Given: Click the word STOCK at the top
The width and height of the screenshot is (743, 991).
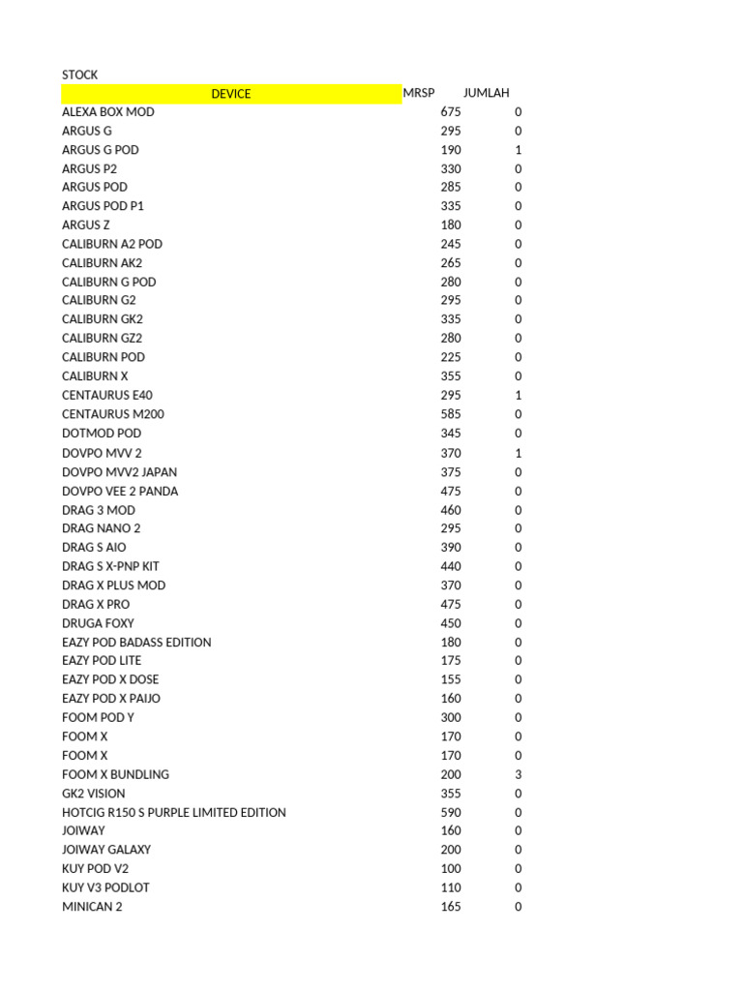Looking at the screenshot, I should click(79, 75).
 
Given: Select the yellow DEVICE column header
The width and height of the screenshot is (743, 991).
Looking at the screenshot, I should click(230, 94).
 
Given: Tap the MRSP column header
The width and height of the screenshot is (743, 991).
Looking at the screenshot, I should click(419, 93).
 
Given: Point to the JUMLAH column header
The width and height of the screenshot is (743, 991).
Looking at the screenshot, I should click(486, 93).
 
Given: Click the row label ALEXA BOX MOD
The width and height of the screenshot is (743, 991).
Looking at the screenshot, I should click(107, 112).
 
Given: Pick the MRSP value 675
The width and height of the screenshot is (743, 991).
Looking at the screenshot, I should click(450, 112).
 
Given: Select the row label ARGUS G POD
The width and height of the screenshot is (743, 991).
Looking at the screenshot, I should click(100, 150).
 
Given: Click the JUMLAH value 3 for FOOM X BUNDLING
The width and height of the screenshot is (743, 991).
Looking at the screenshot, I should click(519, 774).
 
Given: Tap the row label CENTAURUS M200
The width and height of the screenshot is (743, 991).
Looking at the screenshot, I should click(109, 414).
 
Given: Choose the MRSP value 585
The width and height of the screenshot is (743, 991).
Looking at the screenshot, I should click(450, 414).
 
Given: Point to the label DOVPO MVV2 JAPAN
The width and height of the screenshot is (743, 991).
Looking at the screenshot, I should click(119, 472).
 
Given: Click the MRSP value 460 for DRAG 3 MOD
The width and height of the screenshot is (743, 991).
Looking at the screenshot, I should click(450, 510).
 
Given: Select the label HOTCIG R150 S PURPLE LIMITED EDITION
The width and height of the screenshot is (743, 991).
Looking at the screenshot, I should click(173, 812).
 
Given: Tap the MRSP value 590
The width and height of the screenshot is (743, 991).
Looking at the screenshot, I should click(450, 812).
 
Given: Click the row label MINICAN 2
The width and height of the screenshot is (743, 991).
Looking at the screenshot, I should click(92, 907).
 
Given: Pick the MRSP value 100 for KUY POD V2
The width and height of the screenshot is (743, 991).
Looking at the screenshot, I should click(450, 869).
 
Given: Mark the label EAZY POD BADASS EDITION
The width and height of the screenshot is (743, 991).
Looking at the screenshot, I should click(136, 642).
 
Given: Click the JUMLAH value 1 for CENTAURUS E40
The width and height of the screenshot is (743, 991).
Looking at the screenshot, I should click(519, 395).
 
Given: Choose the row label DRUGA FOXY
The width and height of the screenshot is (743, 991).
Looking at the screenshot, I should click(98, 623).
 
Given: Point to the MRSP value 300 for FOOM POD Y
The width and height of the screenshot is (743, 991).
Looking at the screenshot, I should click(450, 717).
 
